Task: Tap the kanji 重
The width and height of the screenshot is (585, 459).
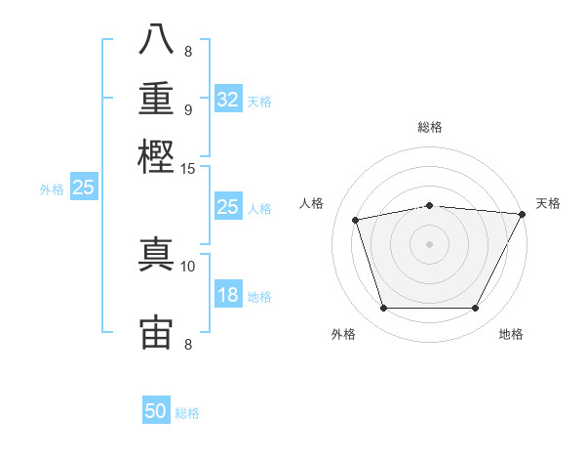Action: coord(156,100)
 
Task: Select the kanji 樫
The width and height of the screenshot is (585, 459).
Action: coord(156,156)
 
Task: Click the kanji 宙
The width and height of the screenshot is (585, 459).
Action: coord(156,332)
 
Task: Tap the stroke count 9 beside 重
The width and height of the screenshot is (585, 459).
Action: coord(188,108)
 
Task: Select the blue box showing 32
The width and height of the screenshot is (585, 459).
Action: coord(228,100)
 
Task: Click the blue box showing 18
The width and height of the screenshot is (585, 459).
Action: coord(228,294)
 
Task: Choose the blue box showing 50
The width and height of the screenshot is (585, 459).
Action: coord(156,411)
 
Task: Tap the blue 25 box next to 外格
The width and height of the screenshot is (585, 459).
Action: coord(84,188)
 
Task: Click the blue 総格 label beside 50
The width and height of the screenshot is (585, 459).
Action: coord(187,413)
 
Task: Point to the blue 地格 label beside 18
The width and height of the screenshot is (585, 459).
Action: coord(259,296)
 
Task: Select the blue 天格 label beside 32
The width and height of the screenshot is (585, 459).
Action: coord(259,102)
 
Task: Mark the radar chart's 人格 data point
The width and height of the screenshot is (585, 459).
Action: coord(356,220)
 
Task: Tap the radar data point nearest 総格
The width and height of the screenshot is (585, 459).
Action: coord(430,205)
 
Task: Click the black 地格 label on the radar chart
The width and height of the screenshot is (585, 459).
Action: coord(511,335)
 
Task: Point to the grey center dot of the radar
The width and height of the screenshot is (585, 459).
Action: coord(430,244)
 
